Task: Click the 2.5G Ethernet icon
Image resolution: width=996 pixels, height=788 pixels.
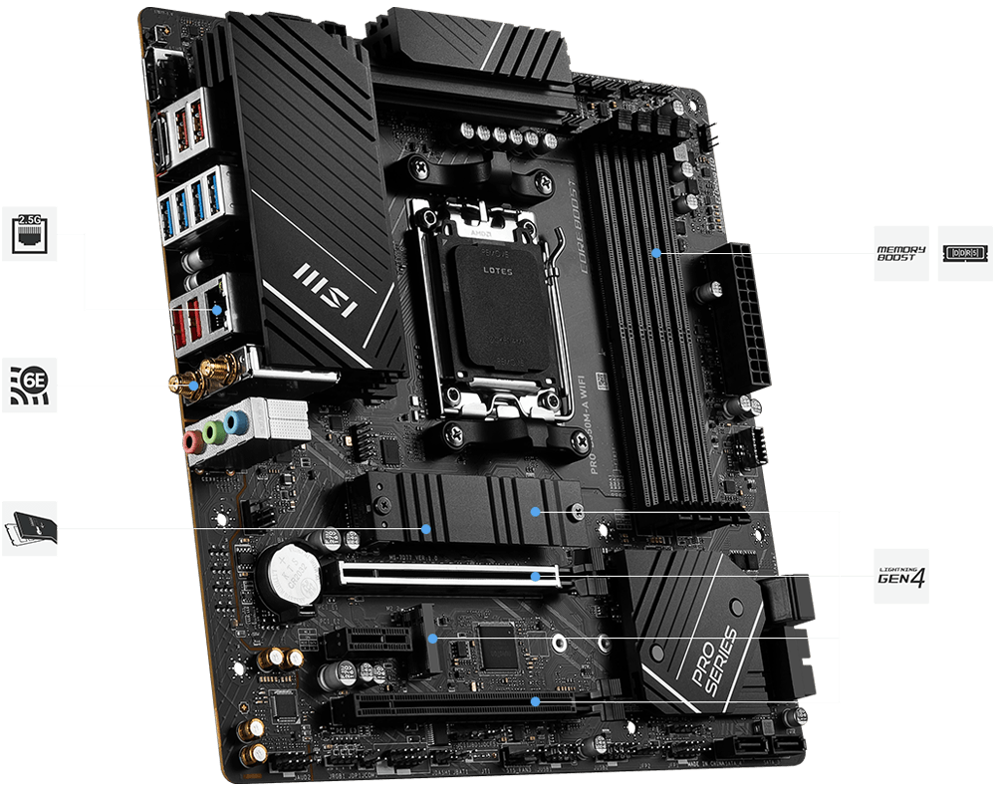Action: pos(29,233)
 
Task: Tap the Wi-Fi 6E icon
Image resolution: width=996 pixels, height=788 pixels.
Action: pos(29,385)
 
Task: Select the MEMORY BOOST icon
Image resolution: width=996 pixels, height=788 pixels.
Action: pos(900,253)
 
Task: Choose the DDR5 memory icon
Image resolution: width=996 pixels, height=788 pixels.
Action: pos(965,253)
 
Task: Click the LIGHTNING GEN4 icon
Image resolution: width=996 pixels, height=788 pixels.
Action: pos(900,576)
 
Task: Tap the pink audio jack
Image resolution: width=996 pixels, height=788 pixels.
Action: pos(190,439)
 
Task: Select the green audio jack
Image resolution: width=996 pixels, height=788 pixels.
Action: pos(211,432)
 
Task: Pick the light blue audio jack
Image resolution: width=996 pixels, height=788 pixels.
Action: pos(233,423)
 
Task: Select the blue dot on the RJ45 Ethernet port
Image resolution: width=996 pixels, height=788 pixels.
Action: pos(218,310)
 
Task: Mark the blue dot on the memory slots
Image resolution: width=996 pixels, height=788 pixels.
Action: pos(656,253)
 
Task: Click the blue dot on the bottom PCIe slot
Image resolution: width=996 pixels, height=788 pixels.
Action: pos(536,701)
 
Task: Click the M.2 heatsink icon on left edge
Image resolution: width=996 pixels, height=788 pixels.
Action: pos(29,528)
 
